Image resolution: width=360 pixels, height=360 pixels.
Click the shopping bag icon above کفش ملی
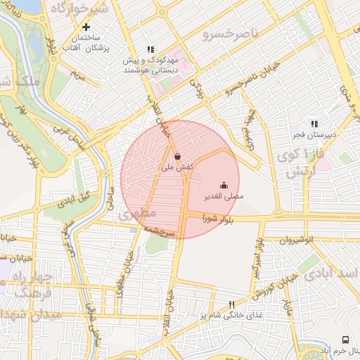[x=176, y=157]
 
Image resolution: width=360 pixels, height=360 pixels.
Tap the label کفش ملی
[x=176, y=168]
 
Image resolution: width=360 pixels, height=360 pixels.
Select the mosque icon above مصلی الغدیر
[x=224, y=186]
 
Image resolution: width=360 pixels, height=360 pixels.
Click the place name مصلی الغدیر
[x=224, y=197]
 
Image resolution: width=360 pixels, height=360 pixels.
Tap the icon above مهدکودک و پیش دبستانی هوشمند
[x=150, y=49]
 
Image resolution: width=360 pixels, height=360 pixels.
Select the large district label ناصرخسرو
[x=231, y=32]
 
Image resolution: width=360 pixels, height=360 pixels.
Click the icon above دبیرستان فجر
[x=314, y=124]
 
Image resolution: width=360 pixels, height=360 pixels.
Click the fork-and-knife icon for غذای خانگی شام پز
[x=231, y=304]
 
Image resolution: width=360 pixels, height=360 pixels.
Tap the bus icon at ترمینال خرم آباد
[x=345, y=340]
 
